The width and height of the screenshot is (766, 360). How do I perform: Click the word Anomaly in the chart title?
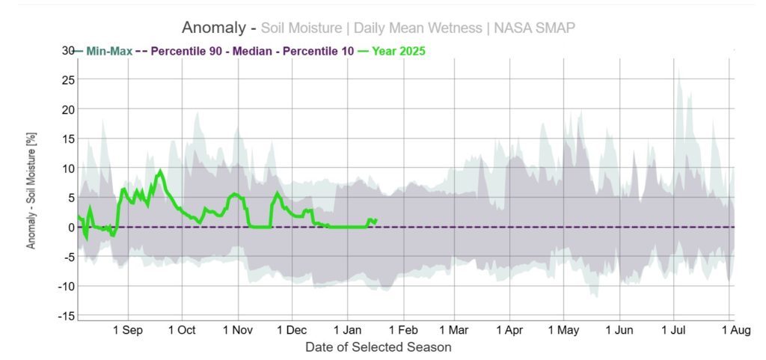point(215,28)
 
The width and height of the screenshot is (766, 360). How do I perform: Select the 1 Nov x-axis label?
point(237,330)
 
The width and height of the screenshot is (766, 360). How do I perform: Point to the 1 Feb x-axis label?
point(401,330)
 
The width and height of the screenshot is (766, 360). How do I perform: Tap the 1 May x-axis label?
point(564,330)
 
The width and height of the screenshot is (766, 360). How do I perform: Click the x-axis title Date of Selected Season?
point(379,347)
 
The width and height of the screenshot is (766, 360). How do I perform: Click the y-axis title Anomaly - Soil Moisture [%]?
point(31,197)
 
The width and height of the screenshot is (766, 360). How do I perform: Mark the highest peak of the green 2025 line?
point(160,171)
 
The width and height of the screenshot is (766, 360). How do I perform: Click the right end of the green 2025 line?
point(376,220)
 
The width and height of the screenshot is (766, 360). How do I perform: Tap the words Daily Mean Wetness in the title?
point(417,28)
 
